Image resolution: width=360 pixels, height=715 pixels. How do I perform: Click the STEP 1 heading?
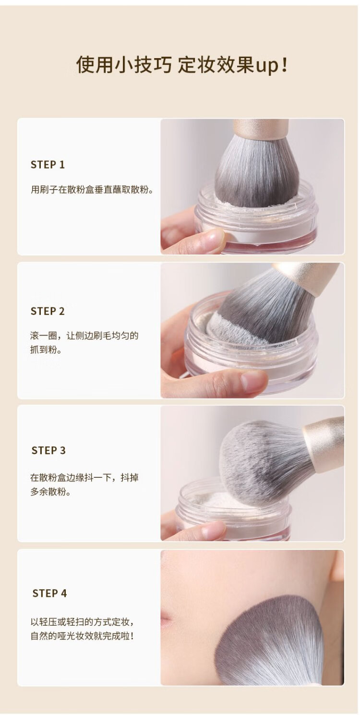(x=48, y=165)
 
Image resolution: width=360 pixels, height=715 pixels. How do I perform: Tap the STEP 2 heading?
(x=48, y=311)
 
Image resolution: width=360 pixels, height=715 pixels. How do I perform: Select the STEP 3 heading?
(x=48, y=450)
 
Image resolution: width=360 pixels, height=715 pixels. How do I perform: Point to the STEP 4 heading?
(x=50, y=593)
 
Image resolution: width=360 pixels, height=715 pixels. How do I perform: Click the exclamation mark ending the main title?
(x=285, y=64)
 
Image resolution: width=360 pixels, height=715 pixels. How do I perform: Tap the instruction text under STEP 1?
(x=92, y=190)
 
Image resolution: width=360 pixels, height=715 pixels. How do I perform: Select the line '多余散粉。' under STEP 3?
(x=51, y=492)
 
